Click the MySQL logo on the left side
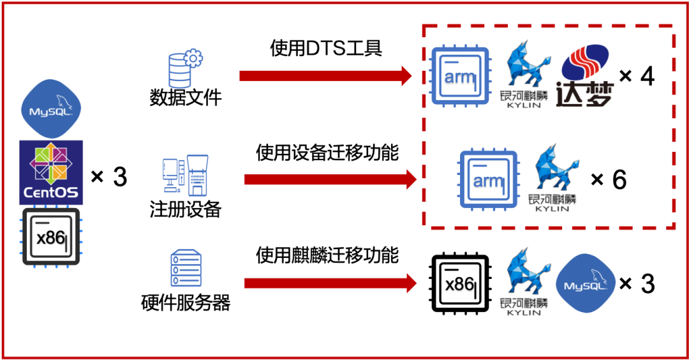(x=51, y=109)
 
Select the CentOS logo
(x=51, y=172)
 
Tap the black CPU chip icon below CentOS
(x=52, y=236)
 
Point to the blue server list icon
(x=186, y=268)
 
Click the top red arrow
(x=325, y=76)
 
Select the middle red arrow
(x=329, y=179)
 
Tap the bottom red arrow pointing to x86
(x=329, y=283)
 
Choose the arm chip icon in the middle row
(x=489, y=180)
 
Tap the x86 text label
(x=459, y=285)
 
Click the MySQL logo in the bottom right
(x=586, y=283)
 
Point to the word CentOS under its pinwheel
(x=51, y=192)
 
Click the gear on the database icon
(x=194, y=59)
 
